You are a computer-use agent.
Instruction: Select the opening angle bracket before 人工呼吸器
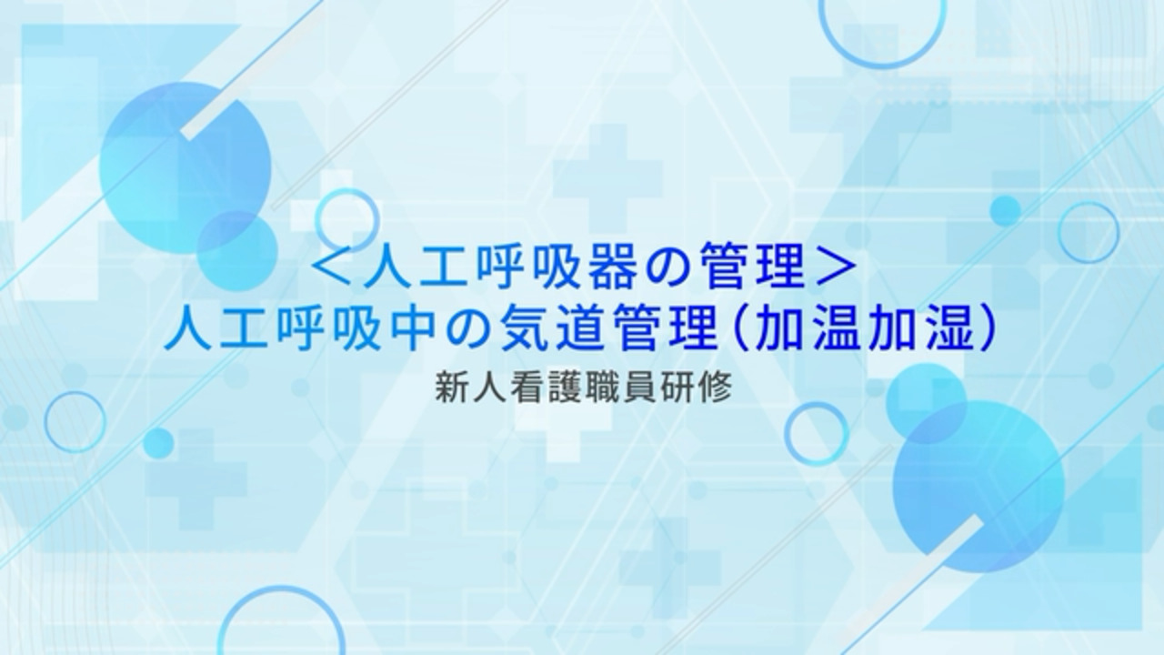click(x=333, y=269)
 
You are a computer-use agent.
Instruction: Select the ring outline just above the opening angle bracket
click(x=316, y=219)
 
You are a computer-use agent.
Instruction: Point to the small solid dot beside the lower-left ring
click(x=157, y=443)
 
